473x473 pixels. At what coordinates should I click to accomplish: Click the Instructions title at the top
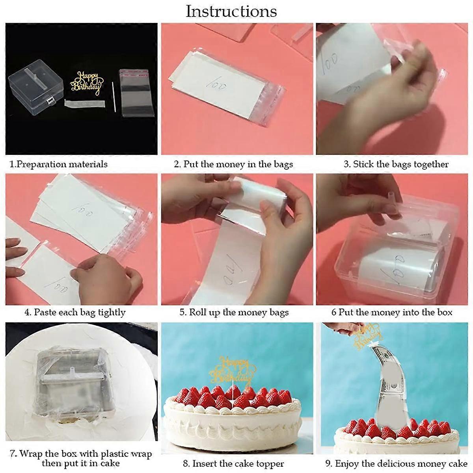pyautogui.click(x=231, y=11)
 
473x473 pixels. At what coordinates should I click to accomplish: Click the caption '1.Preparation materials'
pyautogui.click(x=58, y=164)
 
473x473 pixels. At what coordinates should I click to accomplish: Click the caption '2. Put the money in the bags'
pyautogui.click(x=233, y=164)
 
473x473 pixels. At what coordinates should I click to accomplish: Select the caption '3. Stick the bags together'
pyautogui.click(x=396, y=164)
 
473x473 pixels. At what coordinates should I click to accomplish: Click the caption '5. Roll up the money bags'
pyautogui.click(x=234, y=313)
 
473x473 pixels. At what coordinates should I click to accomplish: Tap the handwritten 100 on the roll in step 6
pyautogui.click(x=390, y=264)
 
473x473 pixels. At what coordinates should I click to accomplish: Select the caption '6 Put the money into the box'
pyautogui.click(x=392, y=313)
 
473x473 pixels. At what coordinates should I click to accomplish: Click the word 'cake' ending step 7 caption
pyautogui.click(x=108, y=464)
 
